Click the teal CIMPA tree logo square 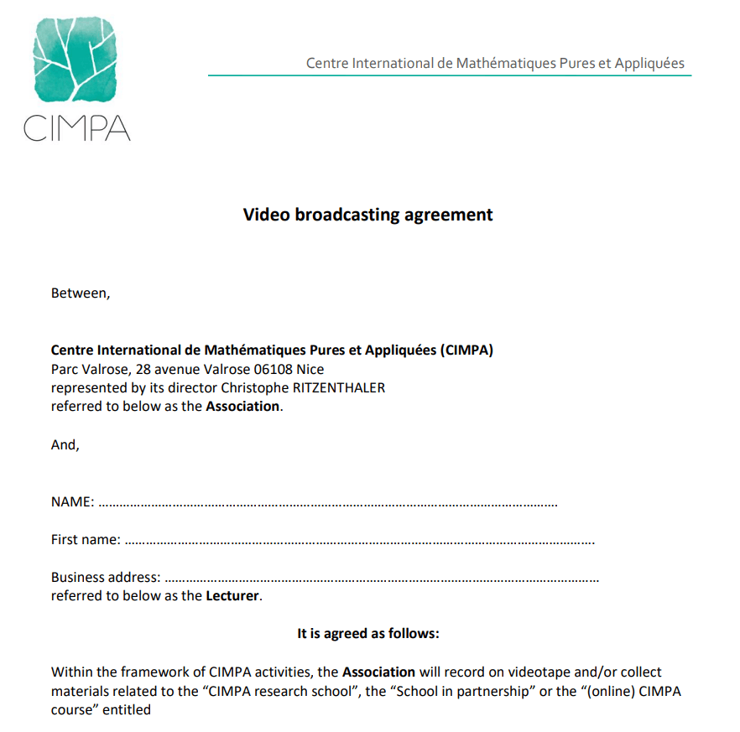(76, 59)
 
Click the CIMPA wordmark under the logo (77, 127)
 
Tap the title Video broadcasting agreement (367, 215)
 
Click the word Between (80, 293)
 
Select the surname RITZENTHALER (340, 387)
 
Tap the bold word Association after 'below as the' (242, 407)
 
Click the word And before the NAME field (65, 445)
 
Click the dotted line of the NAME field (327, 505)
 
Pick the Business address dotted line (381, 579)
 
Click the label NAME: (72, 502)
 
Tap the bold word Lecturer (232, 597)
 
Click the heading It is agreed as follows (367, 634)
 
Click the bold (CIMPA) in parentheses (466, 350)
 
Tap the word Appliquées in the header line (649, 64)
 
